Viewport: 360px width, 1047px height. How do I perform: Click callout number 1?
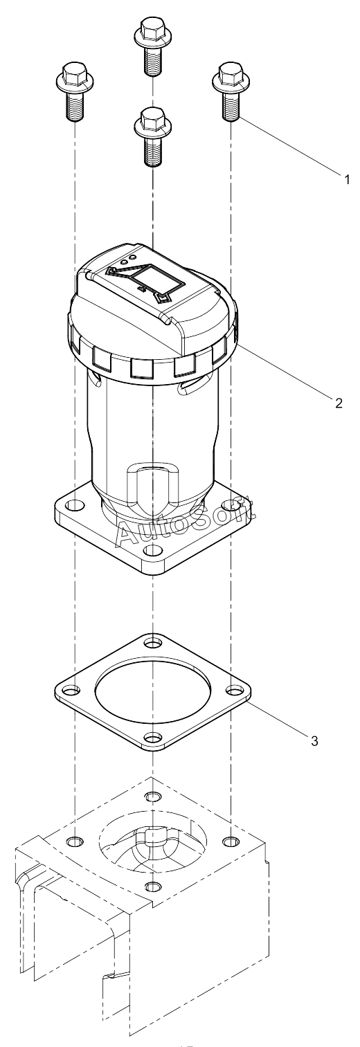pos(346,179)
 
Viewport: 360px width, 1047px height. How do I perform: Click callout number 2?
pos(339,403)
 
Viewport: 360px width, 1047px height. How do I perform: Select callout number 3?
pos(314,740)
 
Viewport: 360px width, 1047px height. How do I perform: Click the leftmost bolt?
pos(74,91)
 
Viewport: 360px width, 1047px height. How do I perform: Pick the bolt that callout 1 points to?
pos(231,91)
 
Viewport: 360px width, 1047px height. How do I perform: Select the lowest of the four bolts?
pos(152,136)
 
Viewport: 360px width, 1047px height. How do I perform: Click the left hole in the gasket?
pos(70,690)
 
